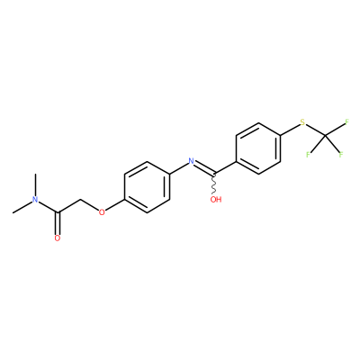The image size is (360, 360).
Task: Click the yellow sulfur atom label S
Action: pos(302,122)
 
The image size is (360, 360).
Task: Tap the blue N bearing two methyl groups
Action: pos(35,200)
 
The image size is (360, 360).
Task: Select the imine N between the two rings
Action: pos(191,161)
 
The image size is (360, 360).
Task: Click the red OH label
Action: pos(216,200)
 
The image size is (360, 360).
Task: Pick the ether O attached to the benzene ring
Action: pos(102,212)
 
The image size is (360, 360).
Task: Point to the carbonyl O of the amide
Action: pos(58,238)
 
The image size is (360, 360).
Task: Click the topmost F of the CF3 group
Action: pos(346,122)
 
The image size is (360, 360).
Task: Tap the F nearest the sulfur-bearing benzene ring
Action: pos(308,155)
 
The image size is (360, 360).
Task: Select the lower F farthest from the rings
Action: pos(341,155)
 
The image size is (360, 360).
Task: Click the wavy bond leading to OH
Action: pos(214,184)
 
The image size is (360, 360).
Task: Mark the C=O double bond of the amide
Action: pos(58,223)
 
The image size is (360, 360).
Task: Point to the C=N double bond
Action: pos(205,167)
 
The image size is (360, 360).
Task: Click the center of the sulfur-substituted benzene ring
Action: pos(258,148)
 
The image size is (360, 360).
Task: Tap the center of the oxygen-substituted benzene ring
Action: pos(147,187)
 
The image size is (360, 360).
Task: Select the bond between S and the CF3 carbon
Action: pos(315,130)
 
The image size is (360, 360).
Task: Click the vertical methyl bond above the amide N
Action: pos(36,185)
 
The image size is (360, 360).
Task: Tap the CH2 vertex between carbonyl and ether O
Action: pos(80,200)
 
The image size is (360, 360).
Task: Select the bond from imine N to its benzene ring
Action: pos(179,167)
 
